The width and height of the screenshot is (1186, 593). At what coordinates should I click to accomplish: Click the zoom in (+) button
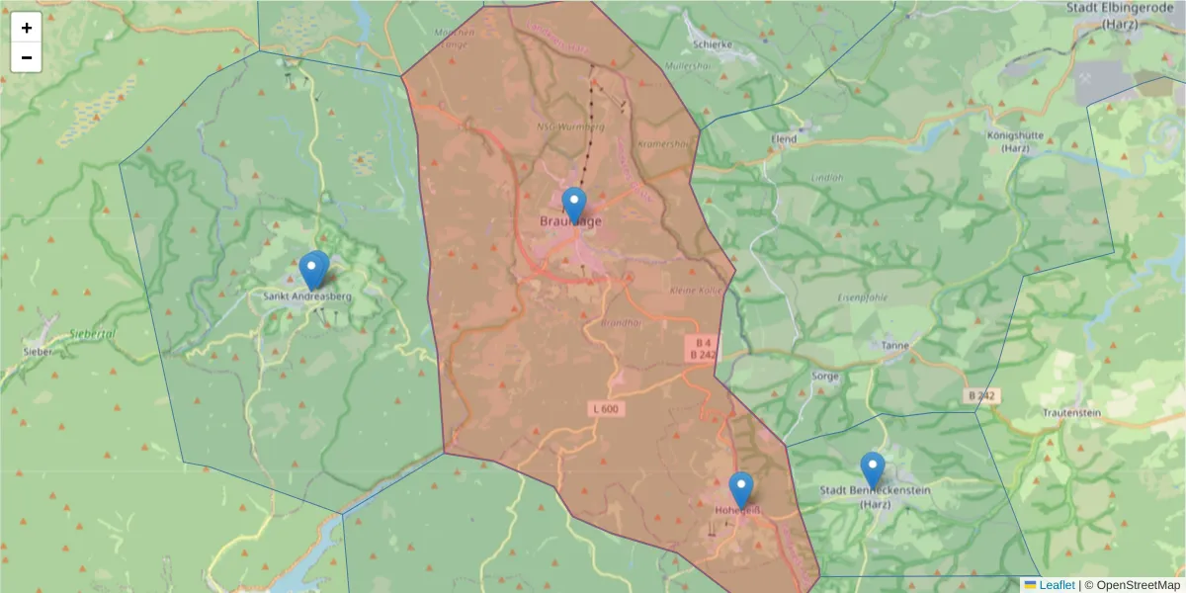tap(27, 28)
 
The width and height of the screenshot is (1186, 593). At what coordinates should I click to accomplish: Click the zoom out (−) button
tap(27, 57)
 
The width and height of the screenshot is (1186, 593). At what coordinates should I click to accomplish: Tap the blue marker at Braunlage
tap(573, 206)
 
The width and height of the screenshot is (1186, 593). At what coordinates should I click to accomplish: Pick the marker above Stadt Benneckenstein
tap(872, 469)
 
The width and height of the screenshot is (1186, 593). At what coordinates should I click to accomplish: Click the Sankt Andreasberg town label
tap(307, 296)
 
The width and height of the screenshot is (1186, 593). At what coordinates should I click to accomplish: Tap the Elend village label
tap(784, 140)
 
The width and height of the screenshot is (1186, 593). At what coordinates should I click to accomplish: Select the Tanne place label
tap(895, 346)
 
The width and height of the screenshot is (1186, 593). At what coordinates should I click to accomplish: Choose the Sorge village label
tap(824, 376)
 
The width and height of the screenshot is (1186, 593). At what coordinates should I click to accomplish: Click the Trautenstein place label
tap(1071, 412)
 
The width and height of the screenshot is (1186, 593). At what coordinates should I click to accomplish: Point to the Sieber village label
tap(38, 351)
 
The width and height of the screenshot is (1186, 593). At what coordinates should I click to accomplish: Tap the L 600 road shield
tap(610, 408)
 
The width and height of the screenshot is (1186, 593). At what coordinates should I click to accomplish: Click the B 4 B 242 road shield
tap(703, 348)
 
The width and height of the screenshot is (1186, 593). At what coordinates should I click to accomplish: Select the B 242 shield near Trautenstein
tap(981, 395)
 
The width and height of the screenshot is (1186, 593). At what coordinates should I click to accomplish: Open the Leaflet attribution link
tap(1057, 585)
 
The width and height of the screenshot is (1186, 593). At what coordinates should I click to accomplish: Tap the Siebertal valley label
tap(93, 334)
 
